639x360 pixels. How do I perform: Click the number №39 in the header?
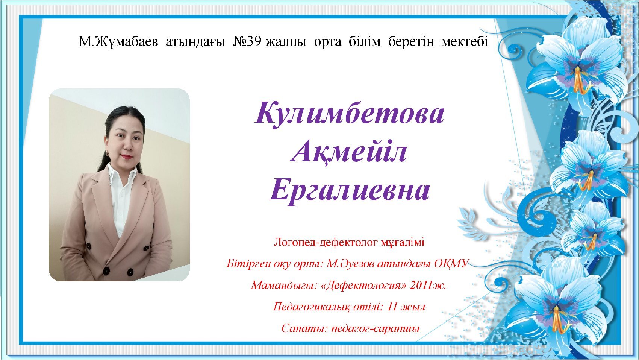pos(247,42)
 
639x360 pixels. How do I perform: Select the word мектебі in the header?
pos(465,42)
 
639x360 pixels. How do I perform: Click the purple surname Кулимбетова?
pos(350,114)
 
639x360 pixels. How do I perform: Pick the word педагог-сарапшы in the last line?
pos(375,329)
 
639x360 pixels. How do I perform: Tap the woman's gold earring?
pos(108,153)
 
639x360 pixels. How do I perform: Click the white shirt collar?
pos(121,174)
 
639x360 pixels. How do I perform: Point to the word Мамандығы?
pos(284,285)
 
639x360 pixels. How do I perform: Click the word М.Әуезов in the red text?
pos(350,264)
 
